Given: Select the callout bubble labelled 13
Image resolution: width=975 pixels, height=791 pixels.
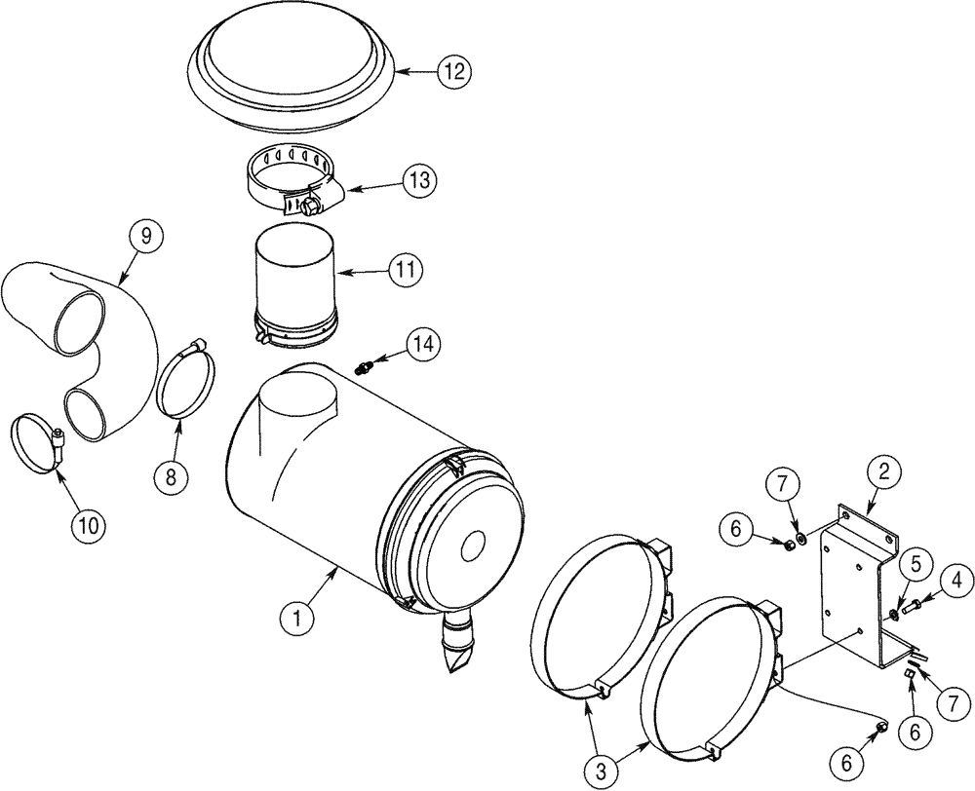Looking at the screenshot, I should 419,180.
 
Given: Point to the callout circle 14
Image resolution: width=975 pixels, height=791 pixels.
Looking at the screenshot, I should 423,344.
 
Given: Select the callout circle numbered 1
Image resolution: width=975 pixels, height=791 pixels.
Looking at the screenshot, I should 294,616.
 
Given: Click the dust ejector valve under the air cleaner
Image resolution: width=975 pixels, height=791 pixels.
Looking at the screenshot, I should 457,644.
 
